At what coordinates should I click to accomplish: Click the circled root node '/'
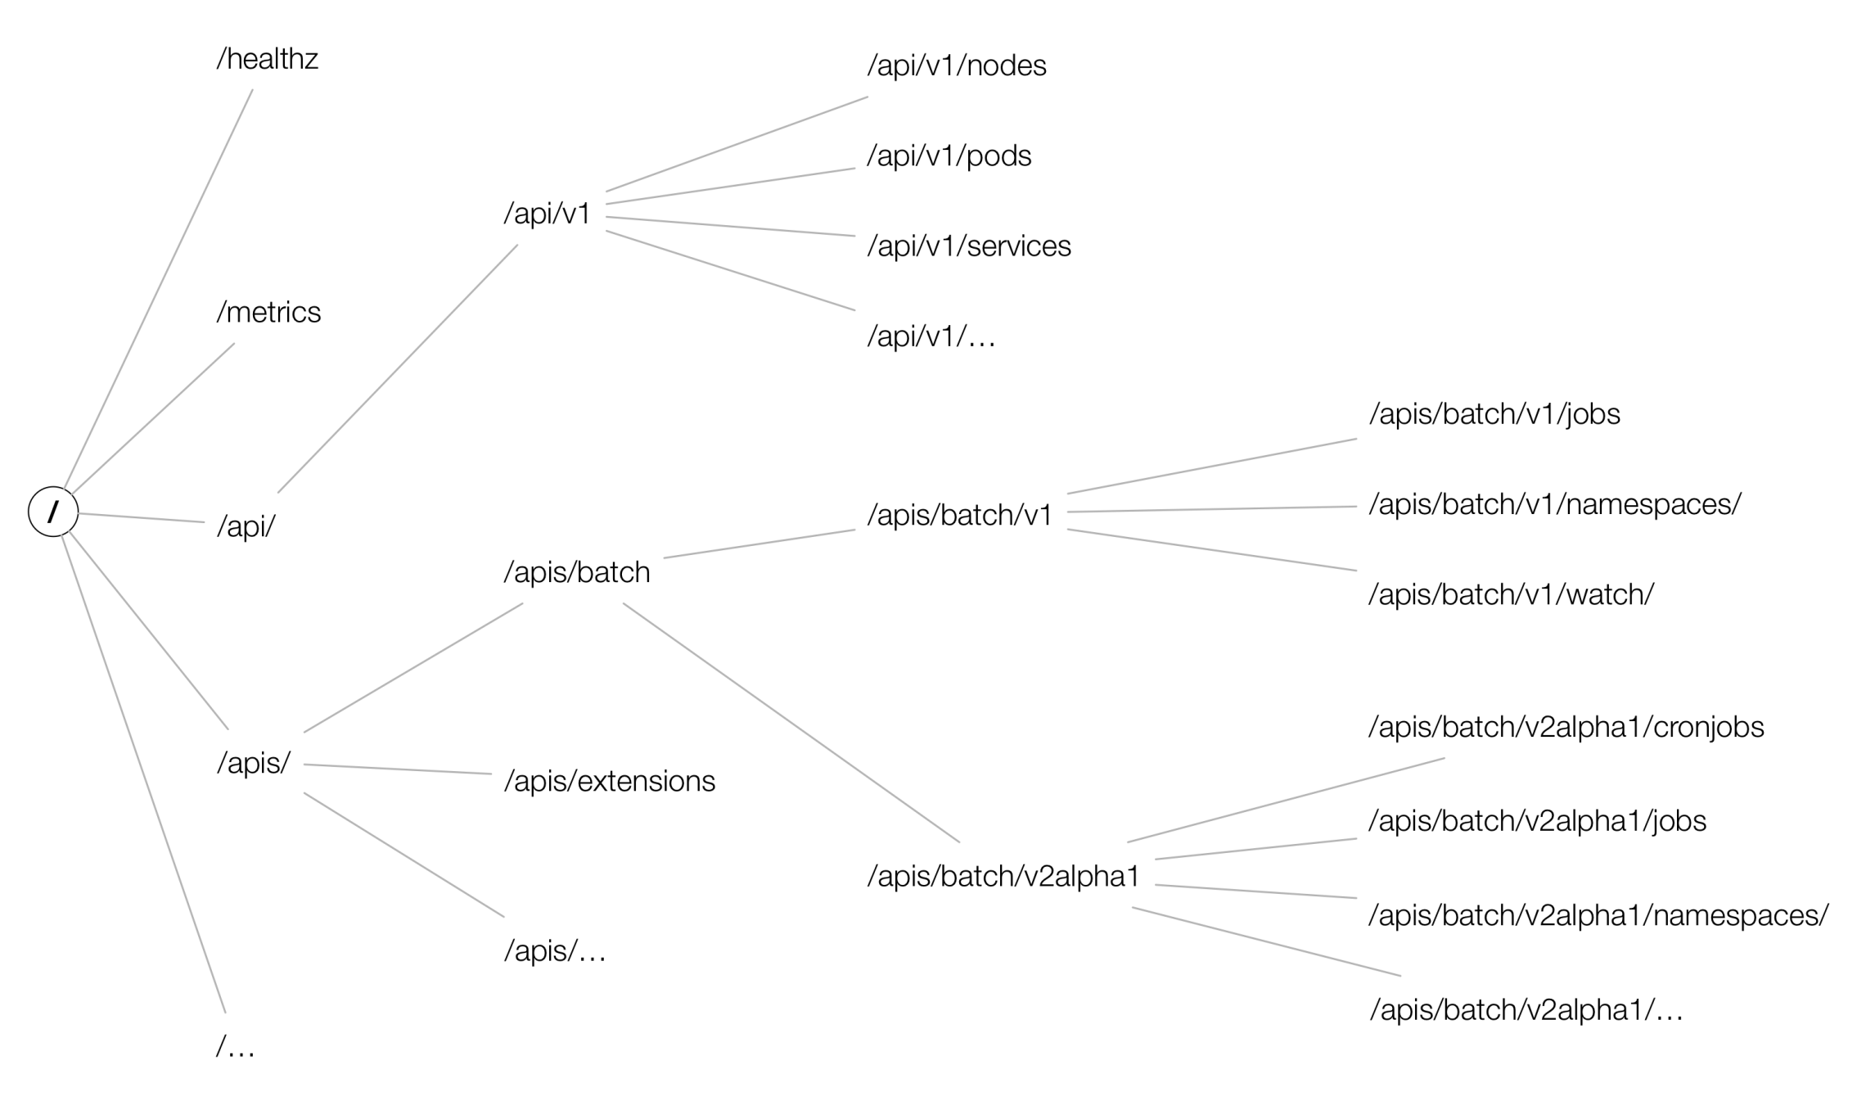(x=53, y=512)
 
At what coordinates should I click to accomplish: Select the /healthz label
(x=267, y=60)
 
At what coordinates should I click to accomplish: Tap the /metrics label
(x=268, y=313)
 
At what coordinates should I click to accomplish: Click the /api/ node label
(x=246, y=526)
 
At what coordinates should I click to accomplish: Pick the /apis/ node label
(x=253, y=763)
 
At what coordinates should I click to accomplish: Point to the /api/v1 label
(x=547, y=214)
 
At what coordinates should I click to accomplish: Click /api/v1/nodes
(x=956, y=66)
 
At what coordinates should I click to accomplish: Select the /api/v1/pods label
(x=949, y=156)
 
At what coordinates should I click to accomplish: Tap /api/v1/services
(x=968, y=246)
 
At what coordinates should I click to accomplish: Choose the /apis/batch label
(x=576, y=572)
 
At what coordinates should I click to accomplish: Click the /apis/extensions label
(x=609, y=782)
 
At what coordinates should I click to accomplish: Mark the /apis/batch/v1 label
(x=959, y=516)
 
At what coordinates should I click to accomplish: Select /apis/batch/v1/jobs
(x=1494, y=414)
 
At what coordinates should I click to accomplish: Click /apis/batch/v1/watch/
(x=1511, y=595)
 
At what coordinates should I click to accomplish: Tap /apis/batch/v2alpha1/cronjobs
(x=1566, y=728)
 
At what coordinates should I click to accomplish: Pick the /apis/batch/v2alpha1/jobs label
(x=1537, y=821)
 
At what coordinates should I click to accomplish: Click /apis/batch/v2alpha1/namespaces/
(x=1598, y=916)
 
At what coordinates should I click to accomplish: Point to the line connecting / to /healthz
(x=158, y=289)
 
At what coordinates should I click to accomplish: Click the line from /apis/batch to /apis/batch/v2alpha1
(x=791, y=723)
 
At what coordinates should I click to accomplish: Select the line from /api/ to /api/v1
(x=398, y=368)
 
